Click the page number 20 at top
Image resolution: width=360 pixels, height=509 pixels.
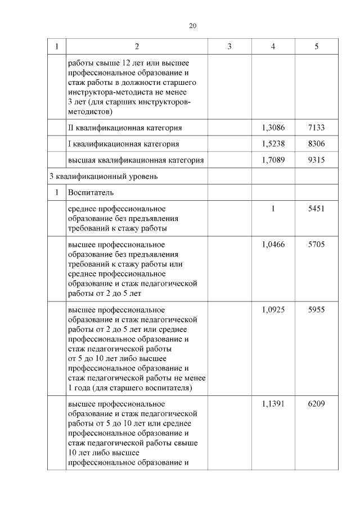point(192,26)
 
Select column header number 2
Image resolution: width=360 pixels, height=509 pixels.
point(137,47)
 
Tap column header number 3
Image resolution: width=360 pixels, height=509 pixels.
point(229,47)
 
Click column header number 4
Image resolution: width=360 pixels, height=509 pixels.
point(273,47)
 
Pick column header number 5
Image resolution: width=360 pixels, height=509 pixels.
point(317,47)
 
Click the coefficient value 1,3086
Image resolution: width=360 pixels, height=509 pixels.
point(273,128)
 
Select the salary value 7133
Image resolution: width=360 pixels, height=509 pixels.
point(317,128)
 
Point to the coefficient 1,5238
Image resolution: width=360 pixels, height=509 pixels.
point(273,144)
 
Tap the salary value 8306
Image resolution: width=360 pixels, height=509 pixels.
point(317,144)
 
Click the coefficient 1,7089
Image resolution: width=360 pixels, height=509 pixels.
point(273,160)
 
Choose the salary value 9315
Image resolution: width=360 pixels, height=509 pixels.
point(317,160)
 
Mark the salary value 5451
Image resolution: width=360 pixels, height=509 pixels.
point(317,209)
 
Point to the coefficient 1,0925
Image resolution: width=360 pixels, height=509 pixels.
point(273,310)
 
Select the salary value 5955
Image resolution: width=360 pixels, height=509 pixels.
point(317,310)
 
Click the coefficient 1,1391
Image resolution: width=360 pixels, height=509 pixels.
point(273,404)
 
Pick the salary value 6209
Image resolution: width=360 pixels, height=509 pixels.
point(317,404)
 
